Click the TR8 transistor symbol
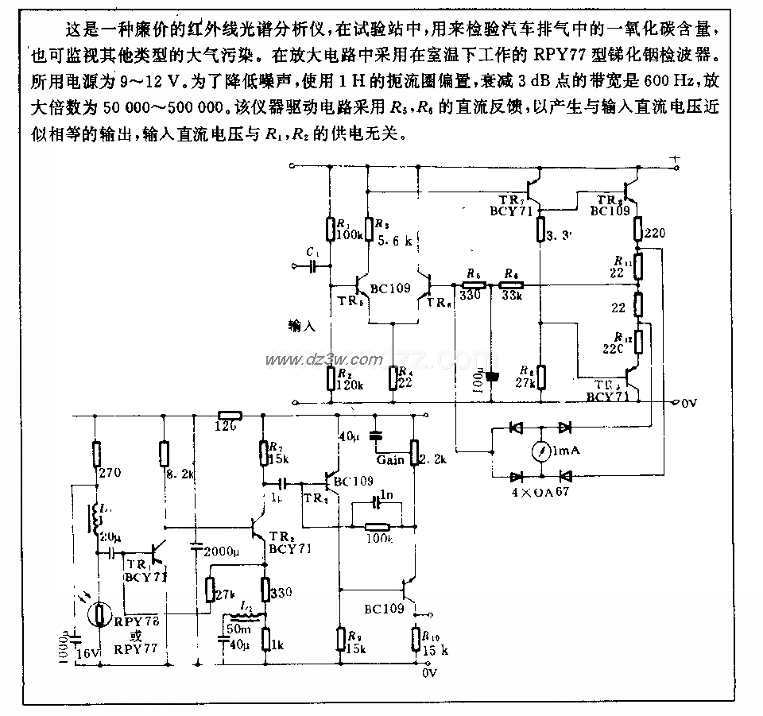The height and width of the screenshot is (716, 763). (x=633, y=191)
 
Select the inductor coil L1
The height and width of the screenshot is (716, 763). (x=99, y=520)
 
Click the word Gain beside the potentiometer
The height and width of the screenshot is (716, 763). (x=390, y=460)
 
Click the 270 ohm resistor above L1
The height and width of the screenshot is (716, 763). (x=95, y=456)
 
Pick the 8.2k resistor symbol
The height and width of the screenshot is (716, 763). (x=163, y=455)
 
